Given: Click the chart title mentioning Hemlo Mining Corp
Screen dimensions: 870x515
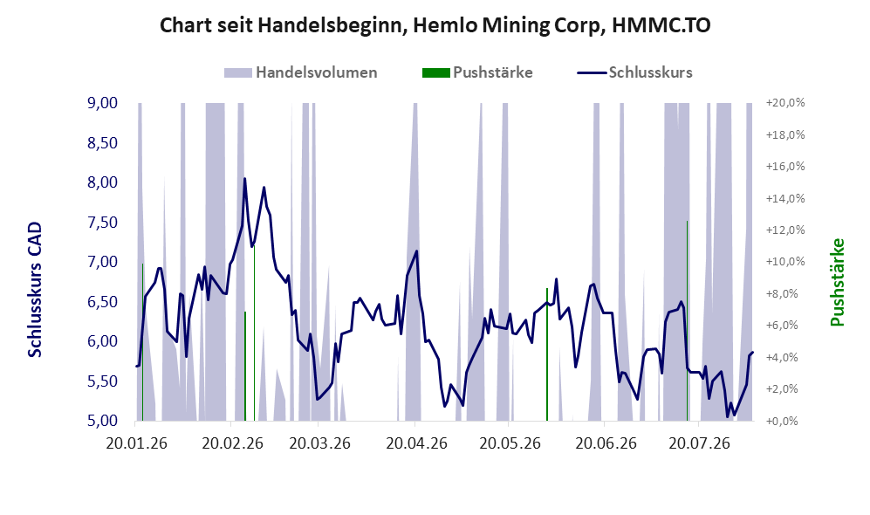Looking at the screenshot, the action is pos(435,25).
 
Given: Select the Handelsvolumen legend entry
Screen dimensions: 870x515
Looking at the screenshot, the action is pos(301,72).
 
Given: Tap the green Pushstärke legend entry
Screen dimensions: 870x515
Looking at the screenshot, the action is pos(477,72).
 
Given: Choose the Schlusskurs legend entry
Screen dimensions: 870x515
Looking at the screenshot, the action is pos(634,72).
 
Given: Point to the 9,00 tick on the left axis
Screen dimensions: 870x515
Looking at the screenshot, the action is pos(103,103).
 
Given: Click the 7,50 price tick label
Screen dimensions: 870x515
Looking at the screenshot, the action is pos(103,223).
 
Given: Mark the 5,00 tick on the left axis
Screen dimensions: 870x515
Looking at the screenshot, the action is pos(103,421).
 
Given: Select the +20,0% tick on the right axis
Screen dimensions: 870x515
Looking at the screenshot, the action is pos(785,103).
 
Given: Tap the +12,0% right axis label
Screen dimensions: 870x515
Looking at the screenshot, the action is pos(785,230).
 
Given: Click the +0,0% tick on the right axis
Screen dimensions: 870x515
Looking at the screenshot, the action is pos(785,422).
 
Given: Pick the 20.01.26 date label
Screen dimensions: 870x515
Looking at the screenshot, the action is pos(136,444).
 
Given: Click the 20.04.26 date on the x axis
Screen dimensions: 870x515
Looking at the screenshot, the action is pos(417,444).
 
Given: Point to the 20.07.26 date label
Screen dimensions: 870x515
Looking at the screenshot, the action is pos(699,444).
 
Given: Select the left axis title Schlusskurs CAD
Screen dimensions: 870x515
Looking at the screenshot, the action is pos(35,290).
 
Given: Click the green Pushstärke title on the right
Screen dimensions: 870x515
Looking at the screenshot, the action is pos(837,283).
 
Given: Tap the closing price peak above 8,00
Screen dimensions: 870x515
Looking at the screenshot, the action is pos(244,179).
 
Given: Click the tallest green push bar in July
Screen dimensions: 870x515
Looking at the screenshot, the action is pos(688,320).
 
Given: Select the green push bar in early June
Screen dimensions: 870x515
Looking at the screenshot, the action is pos(547,354).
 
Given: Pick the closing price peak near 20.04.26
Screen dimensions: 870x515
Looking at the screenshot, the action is pos(417,251).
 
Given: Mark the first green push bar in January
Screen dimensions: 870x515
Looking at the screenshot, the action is pos(142,342).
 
